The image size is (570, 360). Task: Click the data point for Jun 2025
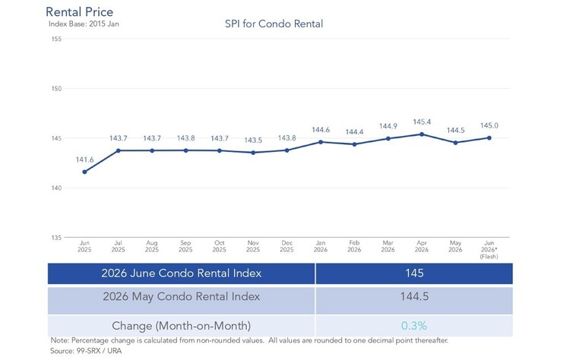(84, 172)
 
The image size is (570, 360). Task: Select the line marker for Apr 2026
(422, 134)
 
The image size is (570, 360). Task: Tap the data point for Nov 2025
(253, 153)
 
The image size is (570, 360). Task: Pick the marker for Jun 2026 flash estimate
(489, 138)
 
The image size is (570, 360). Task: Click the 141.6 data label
(84, 159)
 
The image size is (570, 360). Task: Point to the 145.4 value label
(422, 122)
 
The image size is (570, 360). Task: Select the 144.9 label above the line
(388, 126)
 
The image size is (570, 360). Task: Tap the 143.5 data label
(253, 141)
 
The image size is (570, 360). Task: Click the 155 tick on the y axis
(57, 39)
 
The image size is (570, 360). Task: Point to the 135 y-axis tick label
(57, 238)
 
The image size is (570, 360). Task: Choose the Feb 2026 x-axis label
(354, 246)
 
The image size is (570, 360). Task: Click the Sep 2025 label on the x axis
(185, 246)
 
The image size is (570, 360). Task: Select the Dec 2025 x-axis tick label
(287, 246)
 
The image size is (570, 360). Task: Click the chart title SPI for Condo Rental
(274, 24)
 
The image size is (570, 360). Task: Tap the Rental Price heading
(79, 11)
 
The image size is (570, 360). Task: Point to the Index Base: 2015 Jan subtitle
(84, 24)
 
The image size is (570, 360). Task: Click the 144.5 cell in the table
(414, 296)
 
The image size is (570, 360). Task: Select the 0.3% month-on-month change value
(414, 326)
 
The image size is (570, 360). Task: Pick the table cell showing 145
(414, 273)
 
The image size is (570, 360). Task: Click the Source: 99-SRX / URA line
(86, 351)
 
